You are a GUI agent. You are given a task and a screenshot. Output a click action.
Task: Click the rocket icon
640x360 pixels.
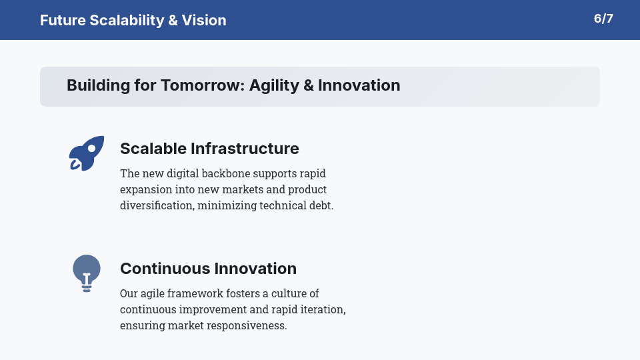click(87, 153)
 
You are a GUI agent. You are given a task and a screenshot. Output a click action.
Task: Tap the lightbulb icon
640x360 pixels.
click(87, 273)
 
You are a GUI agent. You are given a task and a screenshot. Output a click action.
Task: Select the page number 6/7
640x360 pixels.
click(603, 19)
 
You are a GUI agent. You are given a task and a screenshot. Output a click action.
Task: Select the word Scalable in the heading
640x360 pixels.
click(153, 148)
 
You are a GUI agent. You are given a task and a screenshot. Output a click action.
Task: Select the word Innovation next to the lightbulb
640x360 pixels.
click(255, 269)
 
